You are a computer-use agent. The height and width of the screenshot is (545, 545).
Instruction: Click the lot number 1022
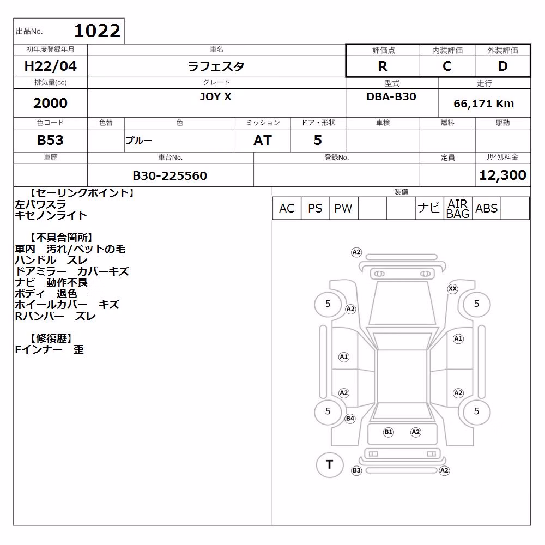coord(98,31)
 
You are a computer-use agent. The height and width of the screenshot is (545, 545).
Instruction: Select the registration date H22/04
coord(50,66)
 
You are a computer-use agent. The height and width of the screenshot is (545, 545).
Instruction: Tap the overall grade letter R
coord(383,66)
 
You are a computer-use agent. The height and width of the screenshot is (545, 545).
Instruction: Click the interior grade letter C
coord(447,66)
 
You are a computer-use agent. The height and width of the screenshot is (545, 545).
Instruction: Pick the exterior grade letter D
coord(502,66)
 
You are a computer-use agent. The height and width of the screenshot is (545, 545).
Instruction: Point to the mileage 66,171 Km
coord(484,104)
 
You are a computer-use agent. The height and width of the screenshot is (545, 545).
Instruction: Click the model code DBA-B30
coord(391,96)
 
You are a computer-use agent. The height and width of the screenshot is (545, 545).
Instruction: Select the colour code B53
coord(50,140)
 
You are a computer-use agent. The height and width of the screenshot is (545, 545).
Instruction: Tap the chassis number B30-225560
coord(170,175)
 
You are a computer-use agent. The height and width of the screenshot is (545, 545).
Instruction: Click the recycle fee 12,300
coord(502,175)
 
